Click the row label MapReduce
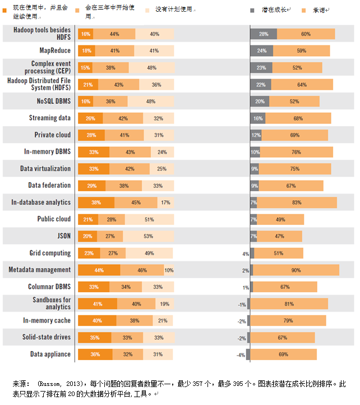click(x=54, y=50)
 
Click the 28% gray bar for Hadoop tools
click(x=264, y=34)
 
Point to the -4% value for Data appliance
click(x=240, y=355)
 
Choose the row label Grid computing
click(x=49, y=253)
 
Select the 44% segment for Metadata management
click(x=99, y=270)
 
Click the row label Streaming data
click(x=50, y=118)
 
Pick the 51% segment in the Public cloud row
click(x=149, y=219)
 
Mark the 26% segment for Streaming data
click(x=90, y=118)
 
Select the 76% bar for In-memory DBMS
click(x=296, y=152)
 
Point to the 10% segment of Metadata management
click(x=169, y=270)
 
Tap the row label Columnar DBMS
click(x=49, y=287)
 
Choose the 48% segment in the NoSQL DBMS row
click(x=150, y=102)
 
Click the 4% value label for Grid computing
click(x=246, y=254)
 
